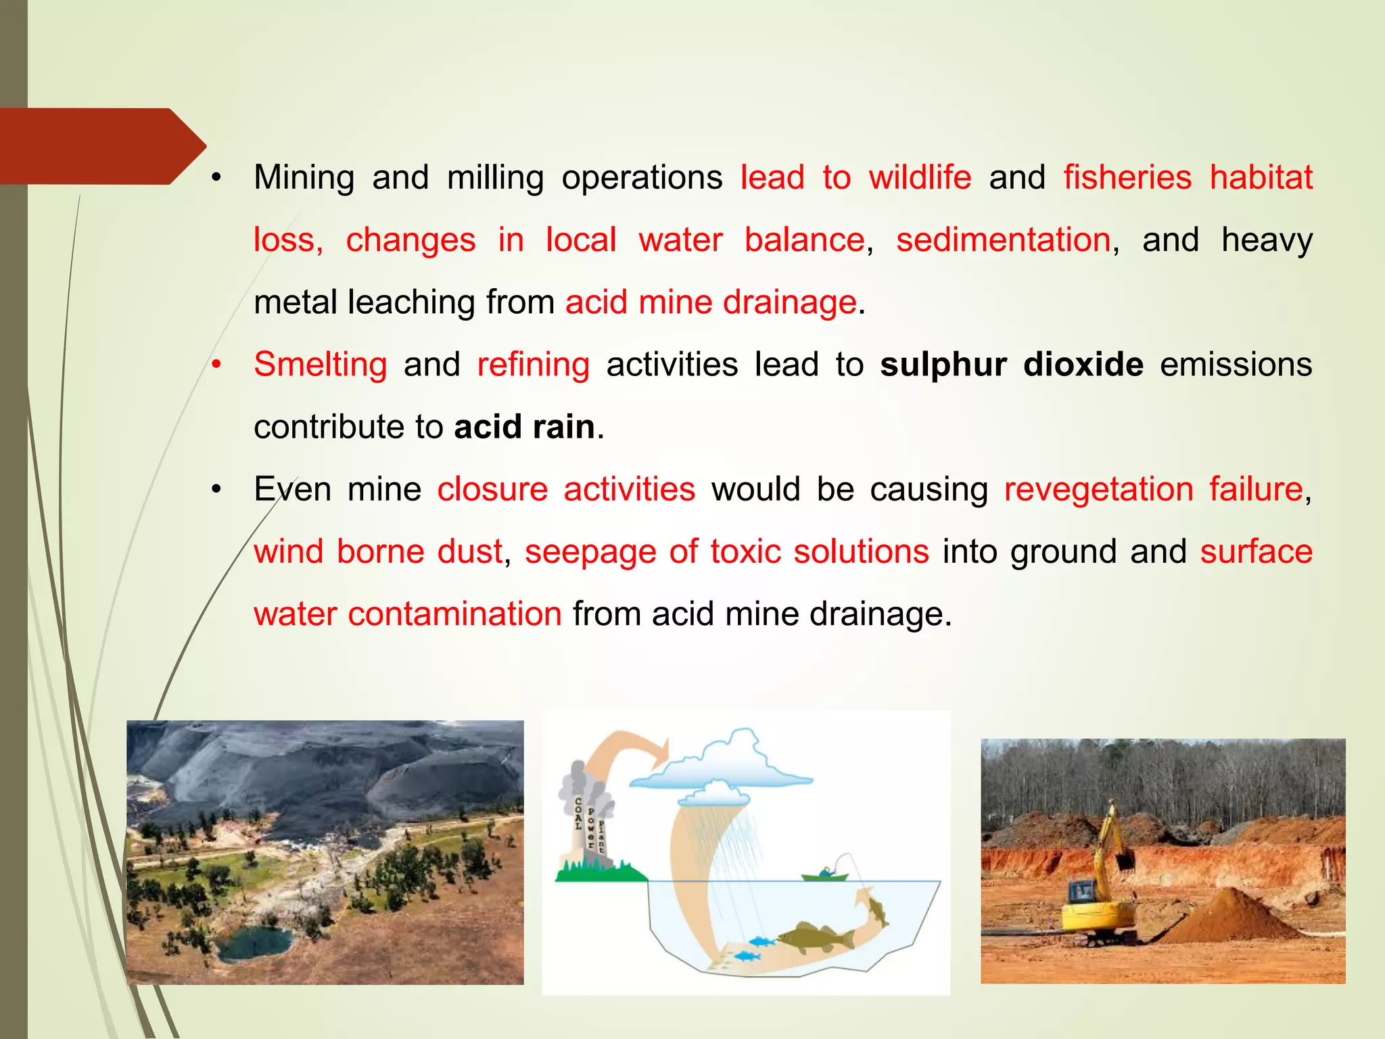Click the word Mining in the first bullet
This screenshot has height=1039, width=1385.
tap(304, 179)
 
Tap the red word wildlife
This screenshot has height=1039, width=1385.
tap(920, 178)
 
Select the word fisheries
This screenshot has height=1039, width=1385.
tap(1127, 178)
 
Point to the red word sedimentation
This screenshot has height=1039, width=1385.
tap(1004, 240)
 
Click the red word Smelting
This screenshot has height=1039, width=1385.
tap(320, 365)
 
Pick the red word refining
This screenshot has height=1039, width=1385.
tap(533, 365)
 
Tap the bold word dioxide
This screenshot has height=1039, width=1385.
tap(1083, 365)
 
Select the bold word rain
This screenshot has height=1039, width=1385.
tap(563, 427)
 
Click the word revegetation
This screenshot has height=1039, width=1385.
tap(1099, 489)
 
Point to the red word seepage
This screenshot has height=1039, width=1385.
tap(590, 552)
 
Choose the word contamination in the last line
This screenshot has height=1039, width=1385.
tap(454, 614)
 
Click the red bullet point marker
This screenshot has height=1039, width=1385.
tap(216, 365)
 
